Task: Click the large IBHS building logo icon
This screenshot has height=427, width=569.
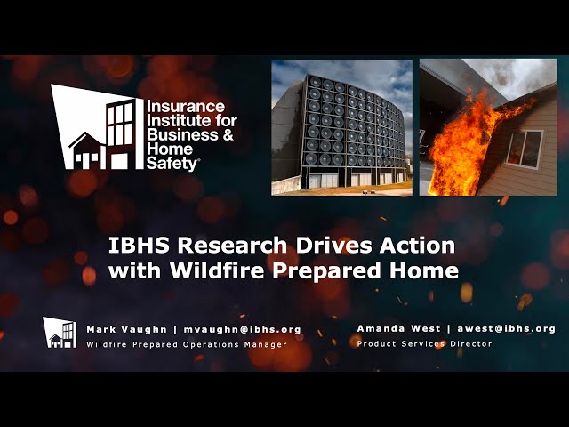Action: pos(97,126)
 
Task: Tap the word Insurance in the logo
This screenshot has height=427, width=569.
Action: pos(186,107)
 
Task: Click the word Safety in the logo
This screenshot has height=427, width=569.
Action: pos(172,164)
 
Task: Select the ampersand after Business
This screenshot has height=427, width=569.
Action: pos(228,134)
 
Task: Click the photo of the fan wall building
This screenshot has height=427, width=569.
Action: pos(341,128)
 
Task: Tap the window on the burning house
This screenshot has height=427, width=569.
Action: pos(525,149)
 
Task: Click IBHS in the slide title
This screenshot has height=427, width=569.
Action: pos(139,246)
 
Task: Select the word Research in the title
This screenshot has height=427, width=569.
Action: pos(232,246)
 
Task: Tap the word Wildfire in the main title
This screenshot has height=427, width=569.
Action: pos(217,270)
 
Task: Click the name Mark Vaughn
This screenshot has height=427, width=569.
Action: pos(126,330)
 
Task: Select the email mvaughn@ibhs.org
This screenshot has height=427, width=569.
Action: pos(243,330)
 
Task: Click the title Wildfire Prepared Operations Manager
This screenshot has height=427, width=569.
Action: pos(187,344)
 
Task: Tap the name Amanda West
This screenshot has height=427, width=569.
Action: pos(398,328)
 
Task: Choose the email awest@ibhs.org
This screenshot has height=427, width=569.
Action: pos(506,328)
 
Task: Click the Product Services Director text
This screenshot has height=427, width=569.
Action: pos(425,344)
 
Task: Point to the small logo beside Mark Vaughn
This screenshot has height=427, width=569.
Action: pos(60,333)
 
